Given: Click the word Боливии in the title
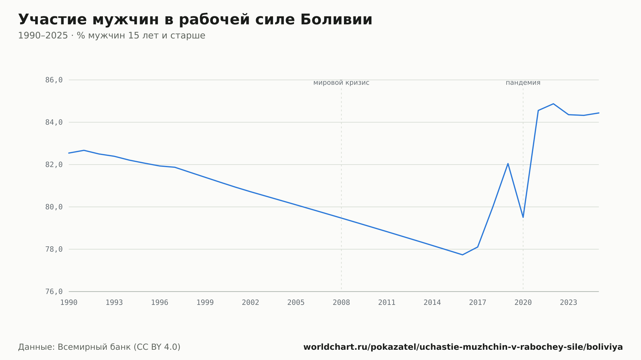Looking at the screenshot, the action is [x=336, y=20].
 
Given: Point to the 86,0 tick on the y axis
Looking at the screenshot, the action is [x=54, y=80].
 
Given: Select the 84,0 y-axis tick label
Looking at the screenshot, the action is [x=54, y=122].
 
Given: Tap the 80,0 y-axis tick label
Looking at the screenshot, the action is [x=54, y=207].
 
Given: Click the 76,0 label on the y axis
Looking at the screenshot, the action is [x=54, y=291].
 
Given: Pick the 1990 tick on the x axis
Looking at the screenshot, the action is [x=69, y=303].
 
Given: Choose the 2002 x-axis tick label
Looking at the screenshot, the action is [x=251, y=303].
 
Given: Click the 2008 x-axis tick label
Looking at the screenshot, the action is [x=341, y=303].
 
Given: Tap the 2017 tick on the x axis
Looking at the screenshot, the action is [x=478, y=303].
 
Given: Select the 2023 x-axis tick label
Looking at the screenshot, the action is [x=569, y=303].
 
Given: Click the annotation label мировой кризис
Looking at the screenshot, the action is [x=341, y=83].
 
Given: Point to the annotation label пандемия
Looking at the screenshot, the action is [x=523, y=83].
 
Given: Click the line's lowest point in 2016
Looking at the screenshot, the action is [x=462, y=255].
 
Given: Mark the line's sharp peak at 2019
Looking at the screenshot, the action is [x=508, y=164].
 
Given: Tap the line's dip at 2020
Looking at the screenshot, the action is [x=523, y=217].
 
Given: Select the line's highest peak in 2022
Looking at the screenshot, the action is [x=554, y=104].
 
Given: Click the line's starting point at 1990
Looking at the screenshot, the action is [x=69, y=153].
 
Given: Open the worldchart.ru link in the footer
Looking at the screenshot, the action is [x=463, y=347].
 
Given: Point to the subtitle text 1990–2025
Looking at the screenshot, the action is [x=43, y=36].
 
